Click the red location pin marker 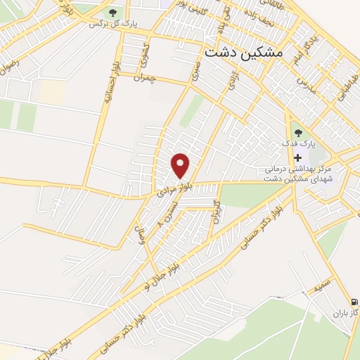tap(181, 165)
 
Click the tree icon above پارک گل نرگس tap(112, 12)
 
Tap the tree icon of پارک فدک tap(299, 131)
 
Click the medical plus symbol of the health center tap(298, 157)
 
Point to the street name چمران tap(143, 75)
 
